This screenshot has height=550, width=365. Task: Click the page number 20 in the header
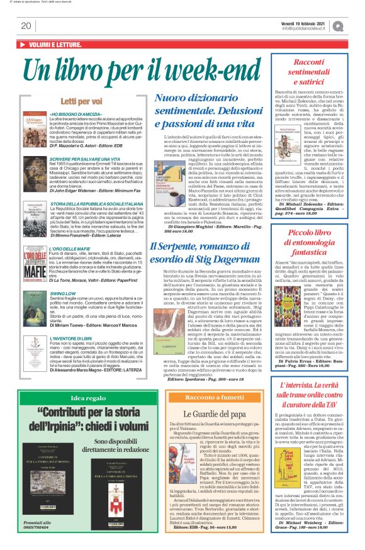(26, 26)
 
